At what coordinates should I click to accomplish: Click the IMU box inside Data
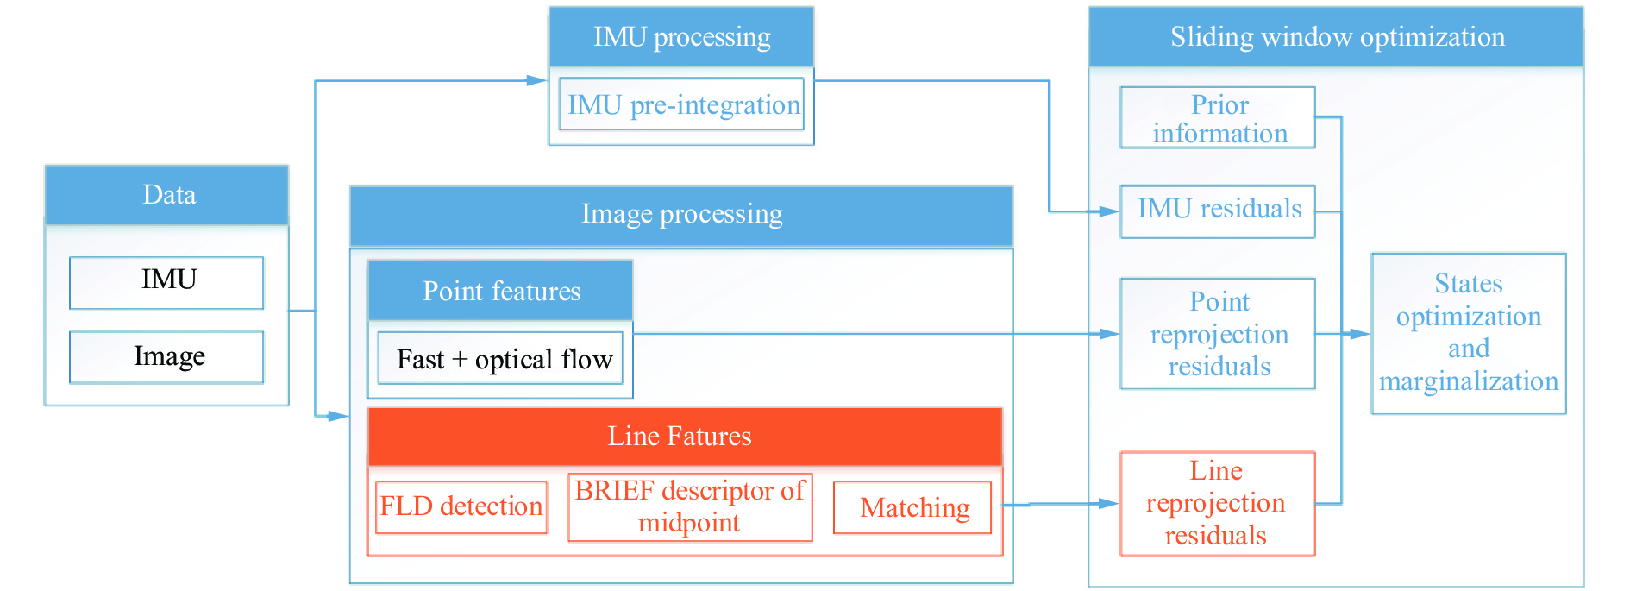(x=166, y=282)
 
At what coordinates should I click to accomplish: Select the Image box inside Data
(x=166, y=356)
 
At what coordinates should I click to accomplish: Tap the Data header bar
(x=166, y=195)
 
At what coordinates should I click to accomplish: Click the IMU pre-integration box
(x=681, y=104)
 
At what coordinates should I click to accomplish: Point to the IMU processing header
(x=681, y=37)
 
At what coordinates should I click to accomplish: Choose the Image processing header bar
(x=681, y=215)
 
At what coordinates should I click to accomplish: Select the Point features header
(x=500, y=291)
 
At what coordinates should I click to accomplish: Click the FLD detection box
(x=461, y=507)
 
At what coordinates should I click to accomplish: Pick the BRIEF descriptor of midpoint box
(x=690, y=507)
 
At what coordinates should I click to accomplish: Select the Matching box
(x=912, y=507)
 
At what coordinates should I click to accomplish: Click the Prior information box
(x=1218, y=117)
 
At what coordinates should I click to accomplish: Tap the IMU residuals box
(x=1218, y=211)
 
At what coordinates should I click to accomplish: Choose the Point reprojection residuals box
(x=1218, y=334)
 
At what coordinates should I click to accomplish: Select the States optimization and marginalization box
(x=1469, y=333)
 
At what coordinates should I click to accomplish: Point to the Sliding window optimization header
(x=1336, y=37)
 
